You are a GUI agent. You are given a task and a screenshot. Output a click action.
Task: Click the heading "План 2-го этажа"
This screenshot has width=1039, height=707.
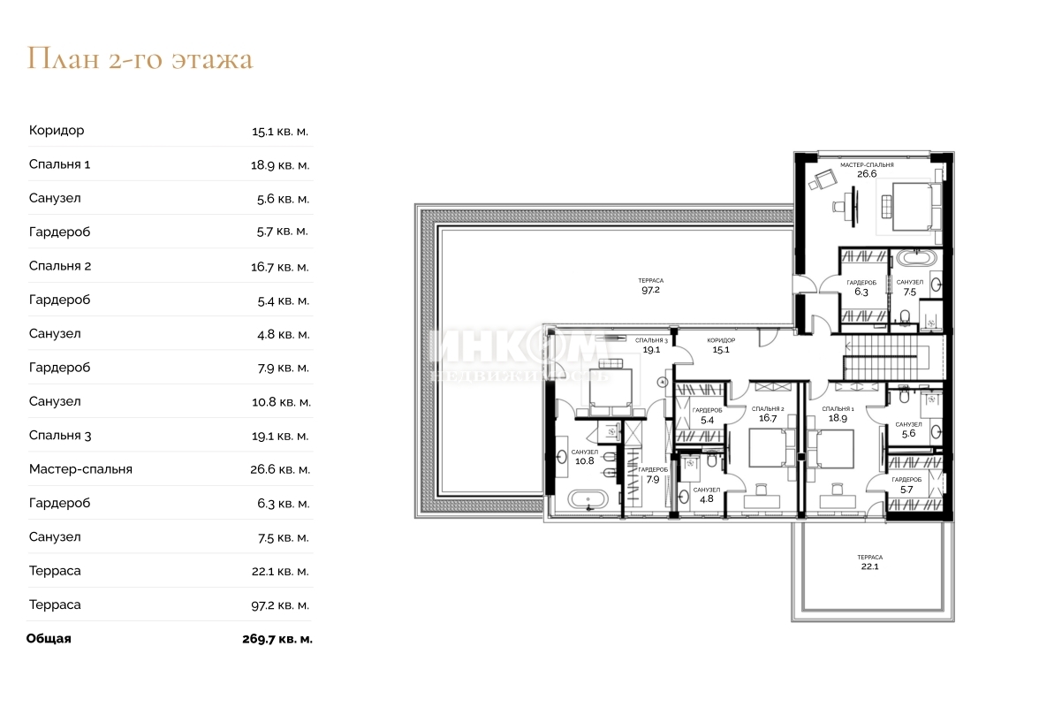pyautogui.click(x=140, y=59)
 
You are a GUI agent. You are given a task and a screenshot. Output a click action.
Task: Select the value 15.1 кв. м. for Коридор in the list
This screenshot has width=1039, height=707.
pyautogui.click(x=279, y=131)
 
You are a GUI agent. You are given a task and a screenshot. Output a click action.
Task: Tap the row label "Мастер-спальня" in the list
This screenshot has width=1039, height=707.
pyautogui.click(x=81, y=469)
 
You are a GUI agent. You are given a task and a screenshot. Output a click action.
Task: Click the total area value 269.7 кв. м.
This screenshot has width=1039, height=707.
pyautogui.click(x=277, y=639)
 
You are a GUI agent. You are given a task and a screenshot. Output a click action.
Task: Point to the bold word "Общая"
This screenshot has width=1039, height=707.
pyautogui.click(x=49, y=639)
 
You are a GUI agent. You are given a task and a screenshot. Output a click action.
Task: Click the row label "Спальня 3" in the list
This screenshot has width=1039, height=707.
pyautogui.click(x=60, y=436)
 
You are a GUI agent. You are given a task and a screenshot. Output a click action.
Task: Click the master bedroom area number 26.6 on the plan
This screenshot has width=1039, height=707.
pyautogui.click(x=867, y=174)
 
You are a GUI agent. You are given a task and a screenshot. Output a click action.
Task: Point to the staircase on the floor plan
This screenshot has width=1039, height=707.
pyautogui.click(x=885, y=358)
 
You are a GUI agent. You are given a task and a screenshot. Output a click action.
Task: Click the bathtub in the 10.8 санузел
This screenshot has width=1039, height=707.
pyautogui.click(x=588, y=499)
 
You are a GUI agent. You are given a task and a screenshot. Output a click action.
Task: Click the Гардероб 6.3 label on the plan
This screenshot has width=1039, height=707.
pyautogui.click(x=861, y=287)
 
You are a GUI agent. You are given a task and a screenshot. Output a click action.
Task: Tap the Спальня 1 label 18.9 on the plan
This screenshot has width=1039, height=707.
pyautogui.click(x=838, y=414)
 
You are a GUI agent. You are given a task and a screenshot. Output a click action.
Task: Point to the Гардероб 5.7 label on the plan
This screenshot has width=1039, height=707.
pyautogui.click(x=906, y=485)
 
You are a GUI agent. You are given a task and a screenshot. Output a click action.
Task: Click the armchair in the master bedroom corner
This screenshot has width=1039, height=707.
pyautogui.click(x=823, y=179)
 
